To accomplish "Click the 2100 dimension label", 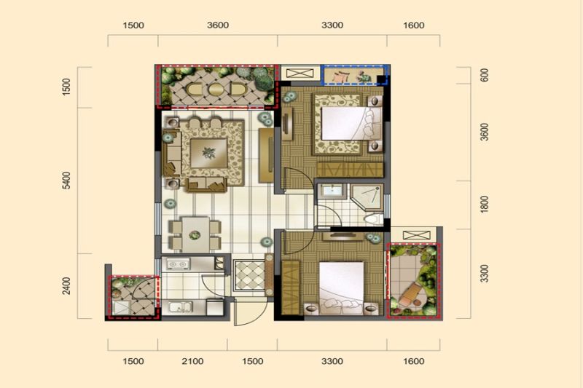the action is (192, 361).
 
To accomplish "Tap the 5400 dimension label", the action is (66, 181).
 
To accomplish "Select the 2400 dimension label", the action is (66, 286).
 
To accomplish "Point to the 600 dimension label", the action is (485, 75).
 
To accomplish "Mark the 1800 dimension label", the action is (484, 205).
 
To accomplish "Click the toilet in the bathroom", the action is (373, 218).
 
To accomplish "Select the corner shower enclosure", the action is (367, 197).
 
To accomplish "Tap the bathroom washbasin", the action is (332, 191).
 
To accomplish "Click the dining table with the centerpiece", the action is (195, 234).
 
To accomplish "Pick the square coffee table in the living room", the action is (208, 153).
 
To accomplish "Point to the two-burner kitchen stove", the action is (178, 264).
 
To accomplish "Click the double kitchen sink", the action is (180, 308).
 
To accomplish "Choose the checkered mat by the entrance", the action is (249, 275).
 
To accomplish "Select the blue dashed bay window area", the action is (355, 75).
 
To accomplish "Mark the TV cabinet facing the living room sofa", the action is (266, 155).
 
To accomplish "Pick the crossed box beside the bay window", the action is (300, 73).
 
